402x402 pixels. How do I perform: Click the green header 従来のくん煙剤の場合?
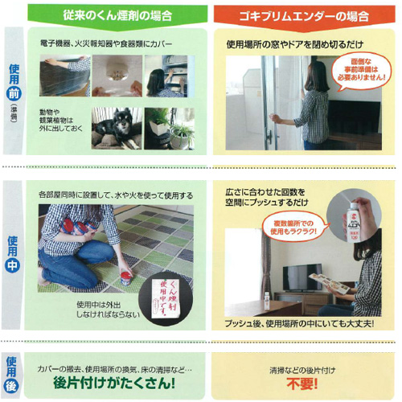117,14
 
